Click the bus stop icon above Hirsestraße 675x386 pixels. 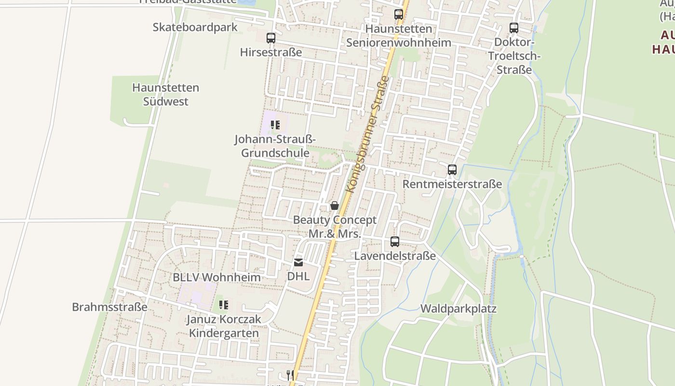[x=271, y=38]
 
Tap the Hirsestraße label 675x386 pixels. [x=271, y=52]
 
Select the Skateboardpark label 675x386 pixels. [x=195, y=27]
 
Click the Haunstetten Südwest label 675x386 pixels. [x=166, y=95]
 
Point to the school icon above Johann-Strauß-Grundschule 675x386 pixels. [x=275, y=125]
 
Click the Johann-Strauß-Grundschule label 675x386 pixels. [x=275, y=146]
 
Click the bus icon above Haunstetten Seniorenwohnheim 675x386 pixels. [x=399, y=14]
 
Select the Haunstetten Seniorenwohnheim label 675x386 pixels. [x=399, y=36]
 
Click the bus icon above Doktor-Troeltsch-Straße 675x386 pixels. [x=514, y=28]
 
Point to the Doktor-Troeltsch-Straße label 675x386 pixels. [x=514, y=56]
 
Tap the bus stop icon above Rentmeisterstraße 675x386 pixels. [x=452, y=170]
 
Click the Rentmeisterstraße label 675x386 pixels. [x=452, y=184]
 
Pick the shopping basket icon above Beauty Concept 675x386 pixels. [x=335, y=206]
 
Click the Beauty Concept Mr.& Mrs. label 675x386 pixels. [x=335, y=227]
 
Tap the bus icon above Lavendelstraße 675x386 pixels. [x=395, y=242]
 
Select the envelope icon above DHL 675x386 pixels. [x=298, y=262]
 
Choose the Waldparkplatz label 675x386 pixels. [x=459, y=309]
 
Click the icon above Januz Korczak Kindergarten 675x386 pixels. [x=223, y=305]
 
